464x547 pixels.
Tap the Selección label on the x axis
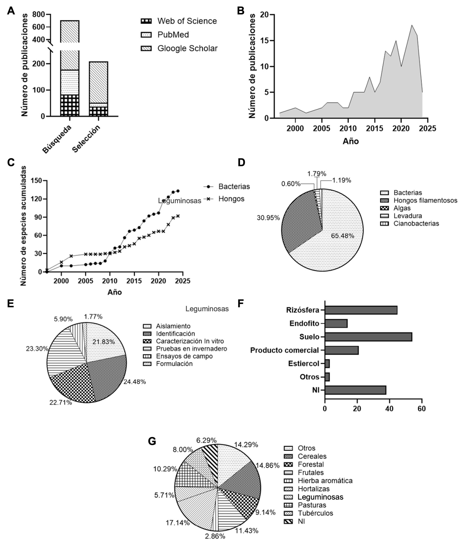click(86, 139)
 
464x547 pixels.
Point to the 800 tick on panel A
click(38, 14)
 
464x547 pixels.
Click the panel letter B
click(241, 11)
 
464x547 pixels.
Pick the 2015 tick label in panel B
click(375, 128)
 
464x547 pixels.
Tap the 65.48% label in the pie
click(342, 236)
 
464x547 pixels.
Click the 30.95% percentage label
click(268, 218)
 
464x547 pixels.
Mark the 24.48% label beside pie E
click(135, 382)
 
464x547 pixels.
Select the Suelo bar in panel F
click(368, 337)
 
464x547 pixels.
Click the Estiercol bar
click(327, 364)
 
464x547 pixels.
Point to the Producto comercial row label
click(284, 350)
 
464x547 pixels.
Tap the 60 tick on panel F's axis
click(421, 409)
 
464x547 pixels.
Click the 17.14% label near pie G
click(178, 523)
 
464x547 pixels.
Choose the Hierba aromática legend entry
click(325, 481)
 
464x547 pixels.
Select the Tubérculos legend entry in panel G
click(315, 513)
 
